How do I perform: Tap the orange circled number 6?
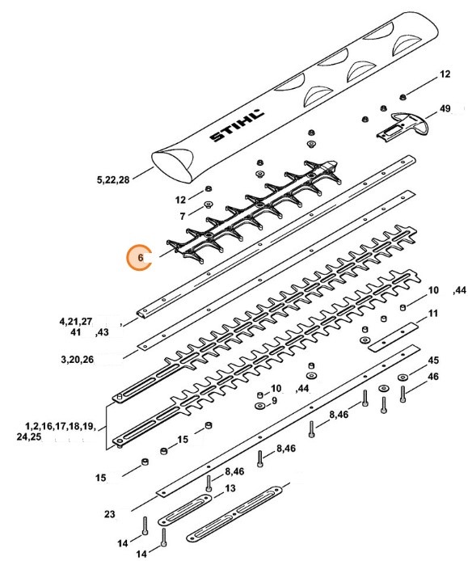tap(141, 258)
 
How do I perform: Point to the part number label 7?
tap(182, 216)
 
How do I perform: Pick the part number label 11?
tap(434, 313)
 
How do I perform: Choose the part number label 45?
tap(433, 360)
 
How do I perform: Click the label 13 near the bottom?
tap(230, 488)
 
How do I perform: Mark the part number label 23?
tap(109, 513)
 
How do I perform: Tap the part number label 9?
tap(274, 400)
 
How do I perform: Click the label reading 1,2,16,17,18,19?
tap(61, 425)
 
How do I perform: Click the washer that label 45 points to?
tap(403, 378)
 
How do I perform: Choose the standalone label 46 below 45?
tap(433, 377)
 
